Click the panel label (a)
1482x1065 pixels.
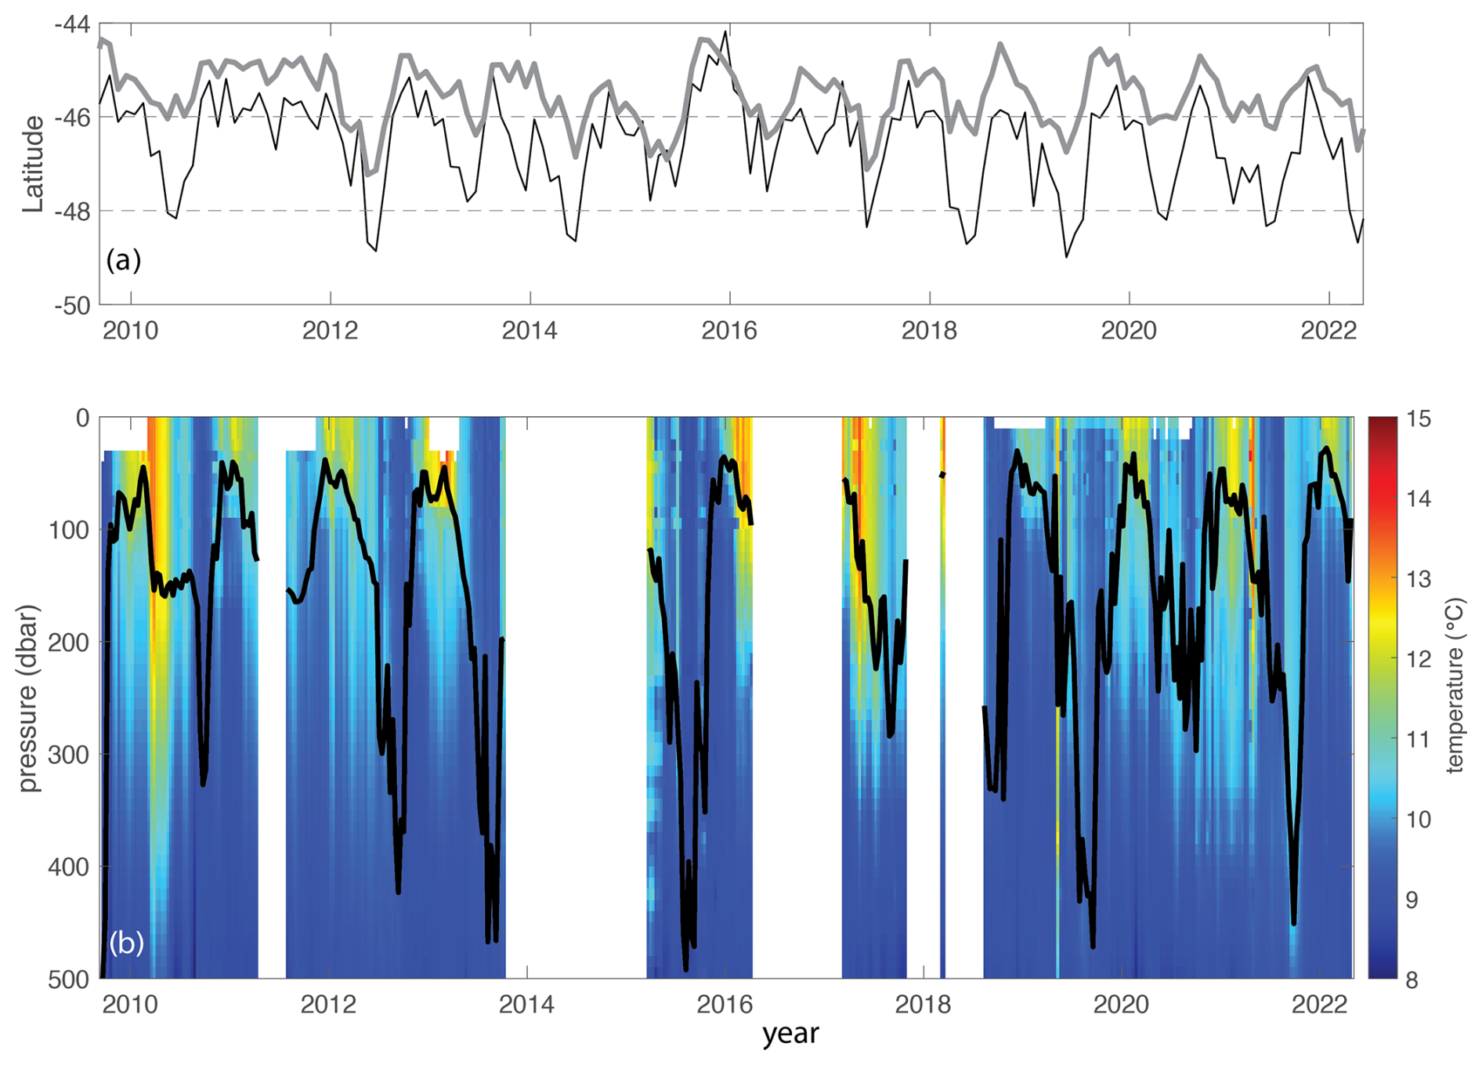pyautogui.click(x=123, y=259)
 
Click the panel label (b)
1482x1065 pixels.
pyautogui.click(x=125, y=942)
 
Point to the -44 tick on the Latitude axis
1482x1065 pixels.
pyautogui.click(x=71, y=25)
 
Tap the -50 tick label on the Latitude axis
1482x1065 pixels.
pyautogui.click(x=71, y=306)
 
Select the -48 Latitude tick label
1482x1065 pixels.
pyautogui.click(x=71, y=212)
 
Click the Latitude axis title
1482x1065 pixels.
pyautogui.click(x=33, y=164)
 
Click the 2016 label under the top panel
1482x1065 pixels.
pyautogui.click(x=729, y=331)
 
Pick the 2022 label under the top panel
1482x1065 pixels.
pyautogui.click(x=1328, y=331)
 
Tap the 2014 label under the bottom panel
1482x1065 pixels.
pyautogui.click(x=526, y=1004)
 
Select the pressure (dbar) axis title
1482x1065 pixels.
pyautogui.click(x=29, y=697)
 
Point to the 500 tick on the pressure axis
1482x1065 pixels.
pyautogui.click(x=69, y=980)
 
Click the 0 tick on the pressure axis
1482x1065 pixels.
pyautogui.click(x=82, y=418)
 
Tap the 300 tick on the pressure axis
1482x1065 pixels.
pyautogui.click(x=69, y=755)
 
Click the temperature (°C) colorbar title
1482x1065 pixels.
pyautogui.click(x=1455, y=686)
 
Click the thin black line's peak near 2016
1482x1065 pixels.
pyautogui.click(x=726, y=32)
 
